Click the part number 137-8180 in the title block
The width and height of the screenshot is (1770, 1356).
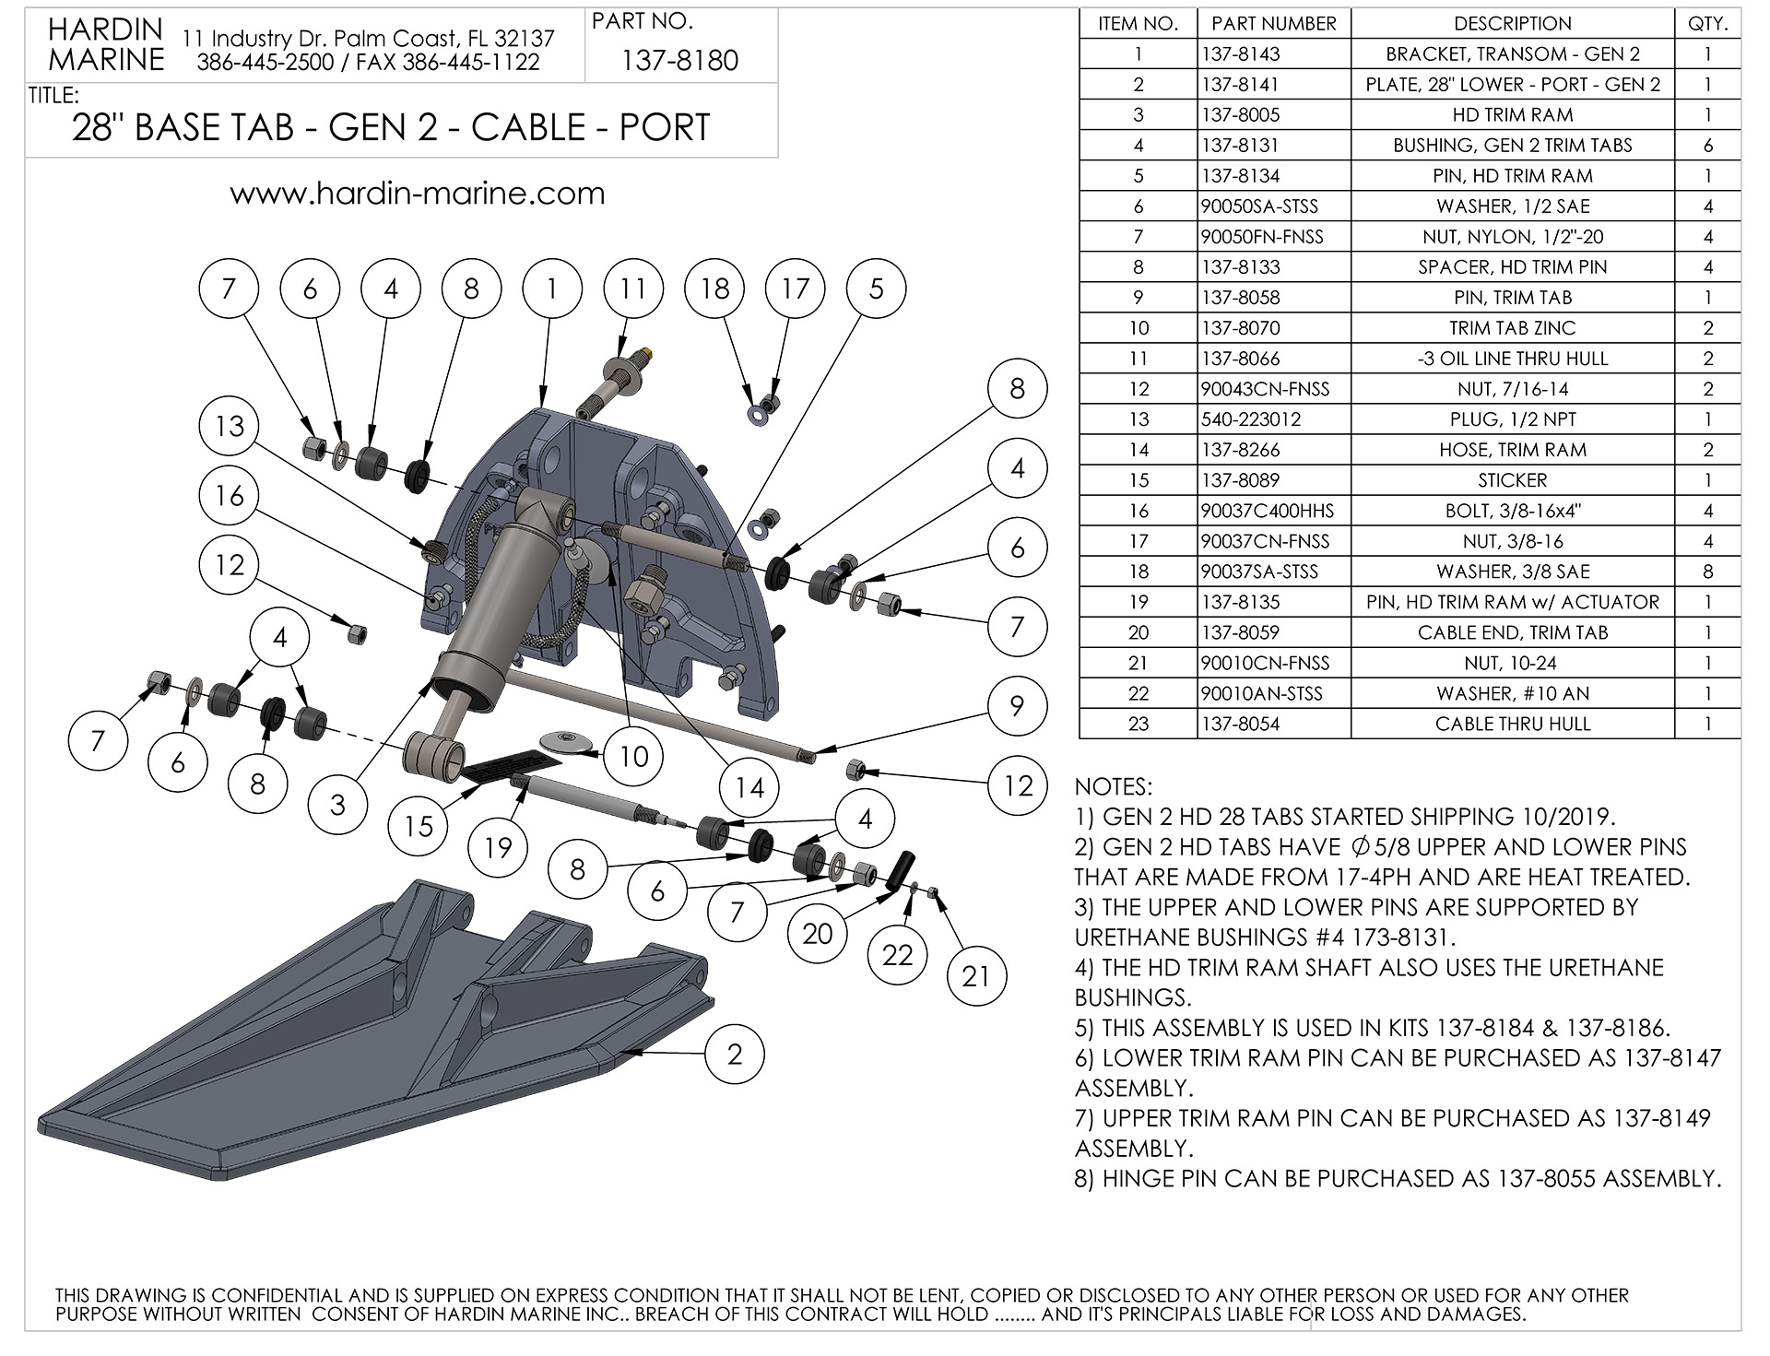pyautogui.click(x=679, y=61)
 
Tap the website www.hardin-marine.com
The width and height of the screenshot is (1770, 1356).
pyautogui.click(x=417, y=194)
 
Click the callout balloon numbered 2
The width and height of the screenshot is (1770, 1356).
pyautogui.click(x=735, y=1054)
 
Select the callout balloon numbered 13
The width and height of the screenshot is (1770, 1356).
pyautogui.click(x=230, y=426)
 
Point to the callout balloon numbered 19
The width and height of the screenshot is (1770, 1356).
pyautogui.click(x=498, y=847)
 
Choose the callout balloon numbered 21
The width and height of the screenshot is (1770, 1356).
pyautogui.click(x=976, y=975)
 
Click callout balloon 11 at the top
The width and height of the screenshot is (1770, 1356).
pyautogui.click(x=633, y=289)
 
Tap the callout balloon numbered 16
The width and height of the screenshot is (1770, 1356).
pyautogui.click(x=230, y=496)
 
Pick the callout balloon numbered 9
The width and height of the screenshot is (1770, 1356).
pyautogui.click(x=1017, y=706)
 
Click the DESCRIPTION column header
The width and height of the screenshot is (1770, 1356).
pyautogui.click(x=1512, y=24)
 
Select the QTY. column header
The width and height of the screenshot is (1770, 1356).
pyautogui.click(x=1707, y=24)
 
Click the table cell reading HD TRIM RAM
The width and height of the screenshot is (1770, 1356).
pyautogui.click(x=1512, y=115)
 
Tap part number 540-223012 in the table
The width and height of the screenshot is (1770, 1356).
pyautogui.click(x=1251, y=419)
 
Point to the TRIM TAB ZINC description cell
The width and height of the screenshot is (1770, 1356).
pyautogui.click(x=1512, y=328)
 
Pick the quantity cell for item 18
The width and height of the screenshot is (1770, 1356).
pyautogui.click(x=1707, y=572)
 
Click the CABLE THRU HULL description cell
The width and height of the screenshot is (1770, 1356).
pyautogui.click(x=1512, y=724)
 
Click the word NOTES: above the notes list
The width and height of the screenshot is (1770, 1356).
pyautogui.click(x=1113, y=786)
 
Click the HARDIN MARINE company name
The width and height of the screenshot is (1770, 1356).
pyautogui.click(x=106, y=45)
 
